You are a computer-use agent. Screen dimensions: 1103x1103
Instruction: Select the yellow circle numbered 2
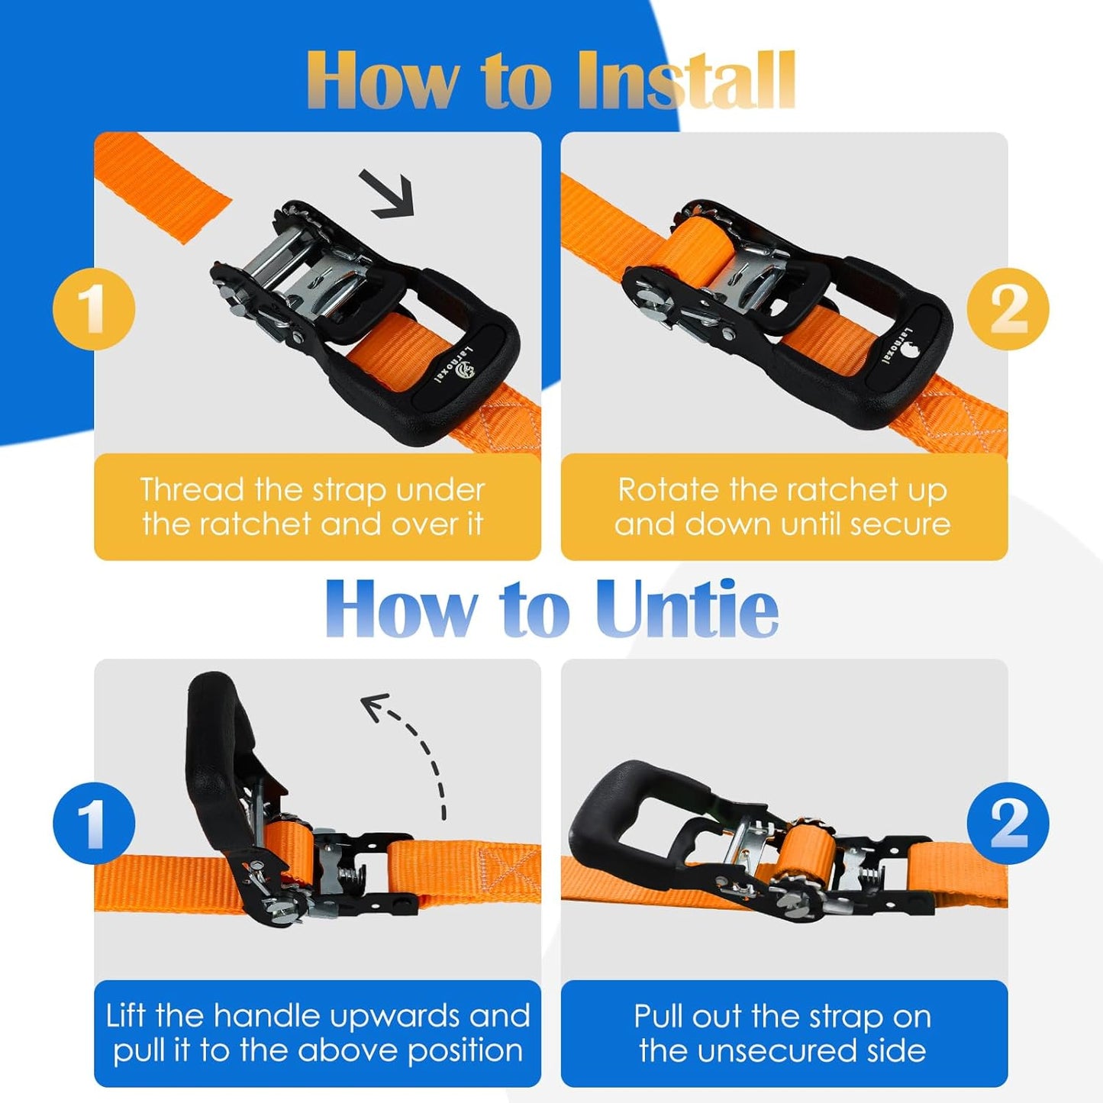pos(1008,309)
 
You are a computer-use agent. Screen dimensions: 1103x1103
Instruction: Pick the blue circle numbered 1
pos(94,824)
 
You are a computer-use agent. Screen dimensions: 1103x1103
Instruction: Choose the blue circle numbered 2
pos(1008,824)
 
